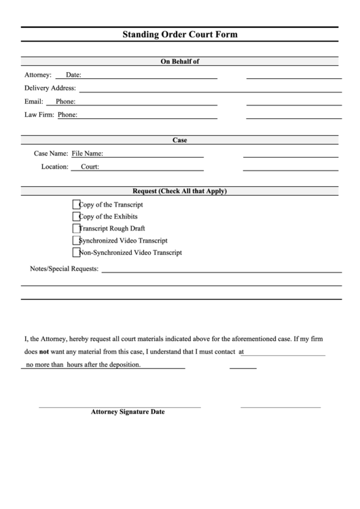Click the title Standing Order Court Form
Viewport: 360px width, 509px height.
tap(179, 34)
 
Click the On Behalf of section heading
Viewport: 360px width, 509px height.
tap(179, 61)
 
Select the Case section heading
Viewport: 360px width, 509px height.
tap(179, 140)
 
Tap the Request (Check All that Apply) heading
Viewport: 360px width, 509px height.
tap(179, 191)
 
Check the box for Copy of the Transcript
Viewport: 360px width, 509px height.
tap(76, 204)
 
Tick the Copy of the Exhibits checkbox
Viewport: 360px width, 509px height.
tap(76, 216)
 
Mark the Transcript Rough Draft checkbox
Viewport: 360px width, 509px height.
tap(76, 228)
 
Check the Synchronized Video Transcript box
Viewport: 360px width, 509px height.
tap(76, 241)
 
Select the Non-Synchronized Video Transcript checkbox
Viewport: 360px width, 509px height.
tap(76, 253)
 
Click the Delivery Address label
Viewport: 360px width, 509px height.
tap(50, 88)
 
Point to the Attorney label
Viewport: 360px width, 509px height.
tap(37, 75)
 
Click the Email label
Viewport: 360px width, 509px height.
tap(34, 101)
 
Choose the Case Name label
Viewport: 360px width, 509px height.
tap(51, 154)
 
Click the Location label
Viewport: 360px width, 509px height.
tap(54, 166)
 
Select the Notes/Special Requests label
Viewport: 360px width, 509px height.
tap(65, 268)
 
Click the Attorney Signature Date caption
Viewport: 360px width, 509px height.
tap(128, 412)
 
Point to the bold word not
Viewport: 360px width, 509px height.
tap(44, 353)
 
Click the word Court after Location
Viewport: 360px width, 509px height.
tap(90, 166)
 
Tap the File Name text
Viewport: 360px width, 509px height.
tap(88, 154)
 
